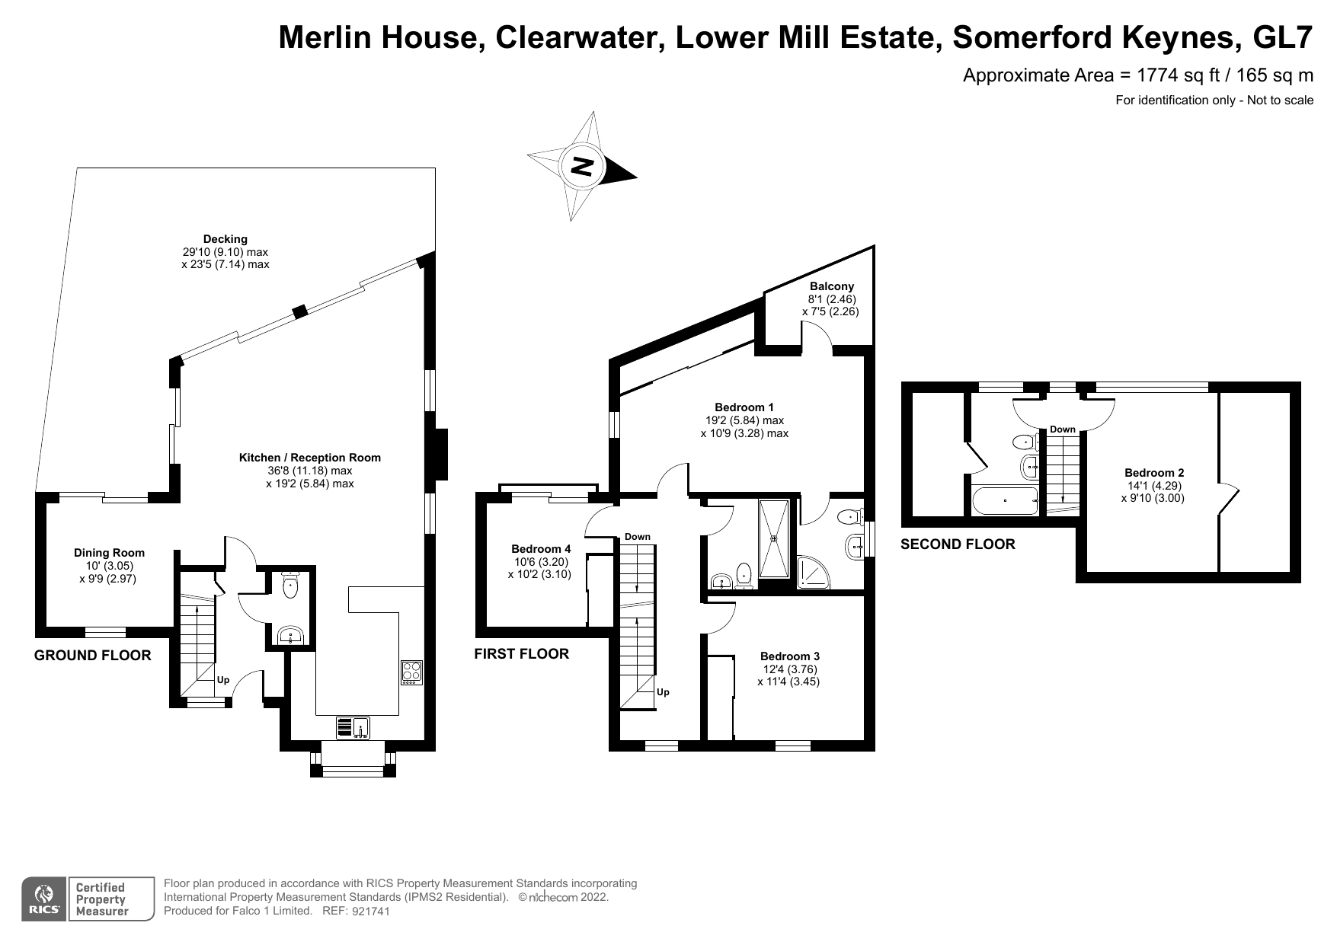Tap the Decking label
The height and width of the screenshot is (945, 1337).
pos(225,239)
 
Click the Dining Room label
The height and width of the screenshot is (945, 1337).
pos(109,553)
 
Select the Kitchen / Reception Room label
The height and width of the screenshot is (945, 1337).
pos(309,458)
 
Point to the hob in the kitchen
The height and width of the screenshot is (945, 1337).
pos(411,672)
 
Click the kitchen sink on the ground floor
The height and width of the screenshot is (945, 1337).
pos(353,728)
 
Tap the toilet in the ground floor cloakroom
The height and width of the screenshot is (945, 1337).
pos(289,586)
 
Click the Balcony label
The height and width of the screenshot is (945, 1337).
pos(831,286)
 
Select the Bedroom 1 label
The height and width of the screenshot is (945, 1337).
pos(744,407)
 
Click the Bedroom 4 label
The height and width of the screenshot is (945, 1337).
pos(540,549)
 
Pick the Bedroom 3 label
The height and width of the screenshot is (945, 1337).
pos(789,656)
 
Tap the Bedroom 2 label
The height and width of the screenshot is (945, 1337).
pos(1153,473)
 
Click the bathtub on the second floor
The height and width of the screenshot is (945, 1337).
pos(1005,501)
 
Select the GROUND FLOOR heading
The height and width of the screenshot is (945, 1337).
pos(92,656)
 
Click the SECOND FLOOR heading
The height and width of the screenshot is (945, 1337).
pos(958,544)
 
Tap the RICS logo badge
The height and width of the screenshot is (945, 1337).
pos(44,899)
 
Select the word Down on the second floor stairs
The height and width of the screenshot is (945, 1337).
pos(1062,429)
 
